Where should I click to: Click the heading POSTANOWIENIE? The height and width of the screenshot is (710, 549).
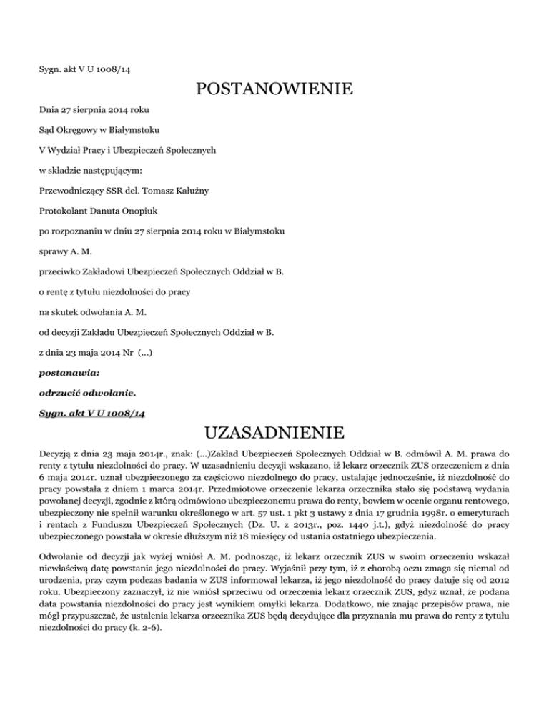pyautogui.click(x=274, y=90)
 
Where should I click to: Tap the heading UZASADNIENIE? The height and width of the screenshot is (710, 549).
pyautogui.click(x=274, y=434)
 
